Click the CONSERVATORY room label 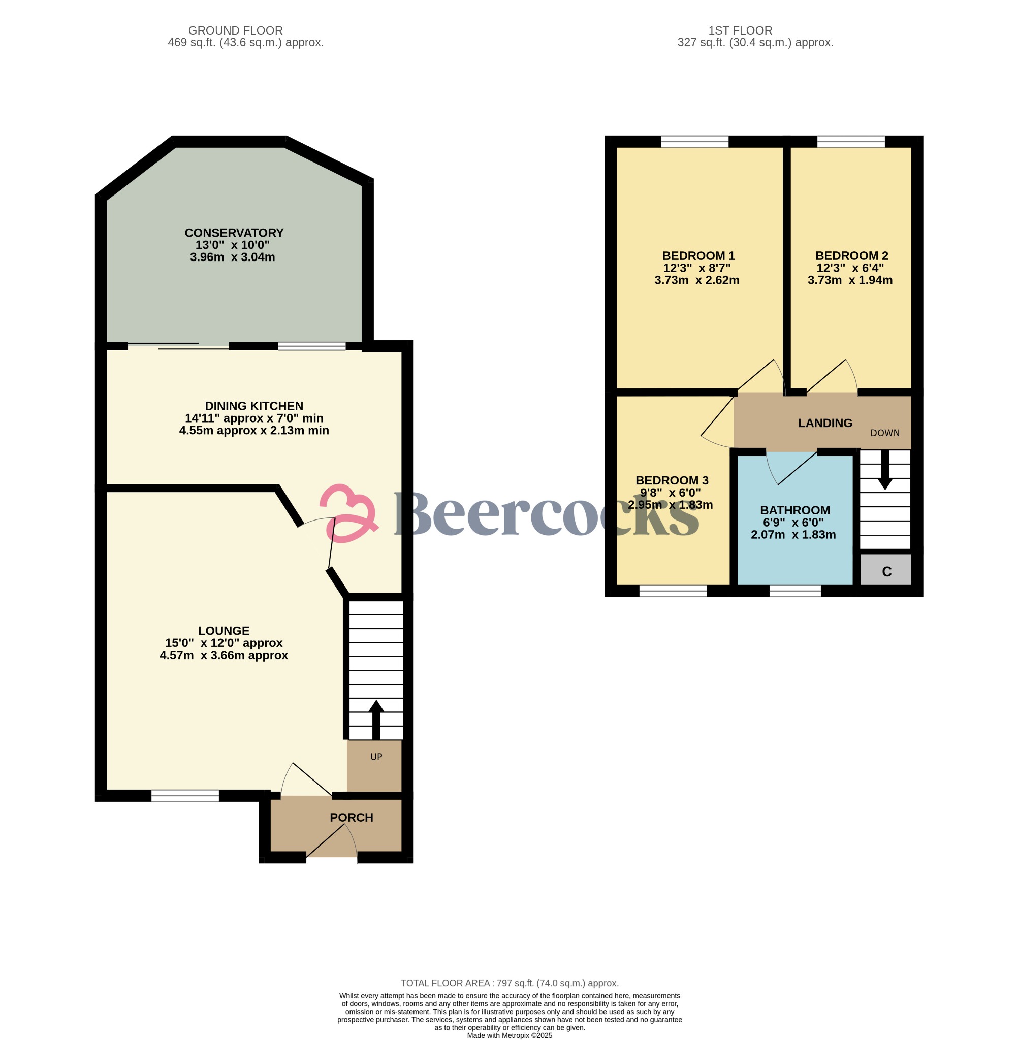pyautogui.click(x=234, y=233)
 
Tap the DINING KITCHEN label pyautogui.click(x=254, y=406)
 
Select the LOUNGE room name pyautogui.click(x=224, y=631)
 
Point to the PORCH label pyautogui.click(x=352, y=817)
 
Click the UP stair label pyautogui.click(x=376, y=757)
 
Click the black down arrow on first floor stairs pyautogui.click(x=885, y=470)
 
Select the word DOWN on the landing pyautogui.click(x=885, y=433)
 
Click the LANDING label pyautogui.click(x=825, y=424)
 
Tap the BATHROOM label pyautogui.click(x=795, y=510)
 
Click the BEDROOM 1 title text pyautogui.click(x=698, y=256)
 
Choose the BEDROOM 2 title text pyautogui.click(x=852, y=256)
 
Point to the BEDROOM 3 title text pyautogui.click(x=672, y=480)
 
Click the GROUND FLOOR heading pyautogui.click(x=235, y=31)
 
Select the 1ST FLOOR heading pyautogui.click(x=740, y=31)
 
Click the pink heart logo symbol pyautogui.click(x=349, y=513)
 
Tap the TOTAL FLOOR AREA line pyautogui.click(x=510, y=983)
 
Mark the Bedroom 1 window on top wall pyautogui.click(x=694, y=142)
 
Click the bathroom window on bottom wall pyautogui.click(x=795, y=591)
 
